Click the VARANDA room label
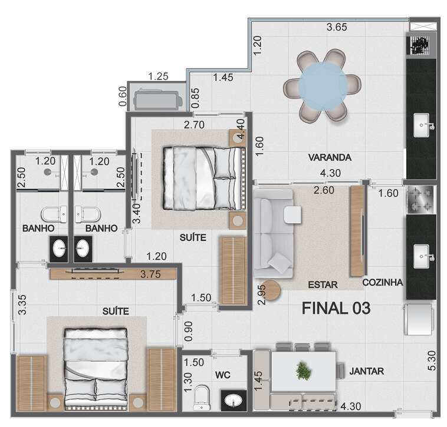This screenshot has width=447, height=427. (330, 157)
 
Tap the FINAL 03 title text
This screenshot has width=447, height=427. (336, 308)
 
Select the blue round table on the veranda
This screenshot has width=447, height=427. (323, 85)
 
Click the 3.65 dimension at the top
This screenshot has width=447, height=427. (337, 27)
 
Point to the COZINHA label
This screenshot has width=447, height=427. (383, 282)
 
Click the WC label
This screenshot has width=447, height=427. (223, 375)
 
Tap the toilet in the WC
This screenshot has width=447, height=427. (202, 398)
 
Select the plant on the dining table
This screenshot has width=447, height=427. (303, 370)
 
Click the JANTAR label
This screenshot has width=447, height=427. (367, 371)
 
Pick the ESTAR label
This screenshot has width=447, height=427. (323, 284)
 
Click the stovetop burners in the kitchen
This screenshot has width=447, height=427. (420, 199)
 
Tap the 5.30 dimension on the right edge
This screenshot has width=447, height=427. (432, 360)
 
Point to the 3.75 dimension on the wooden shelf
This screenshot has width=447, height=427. (150, 274)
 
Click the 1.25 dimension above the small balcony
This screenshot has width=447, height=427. (158, 77)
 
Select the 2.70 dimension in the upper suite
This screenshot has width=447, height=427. (194, 125)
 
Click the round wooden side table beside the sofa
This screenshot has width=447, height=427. (271, 290)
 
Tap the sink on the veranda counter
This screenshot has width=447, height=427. (422, 125)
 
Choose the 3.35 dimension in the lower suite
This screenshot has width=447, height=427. (22, 304)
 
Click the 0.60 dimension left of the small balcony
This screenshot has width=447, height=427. (123, 96)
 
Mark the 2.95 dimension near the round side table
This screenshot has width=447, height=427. (261, 294)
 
